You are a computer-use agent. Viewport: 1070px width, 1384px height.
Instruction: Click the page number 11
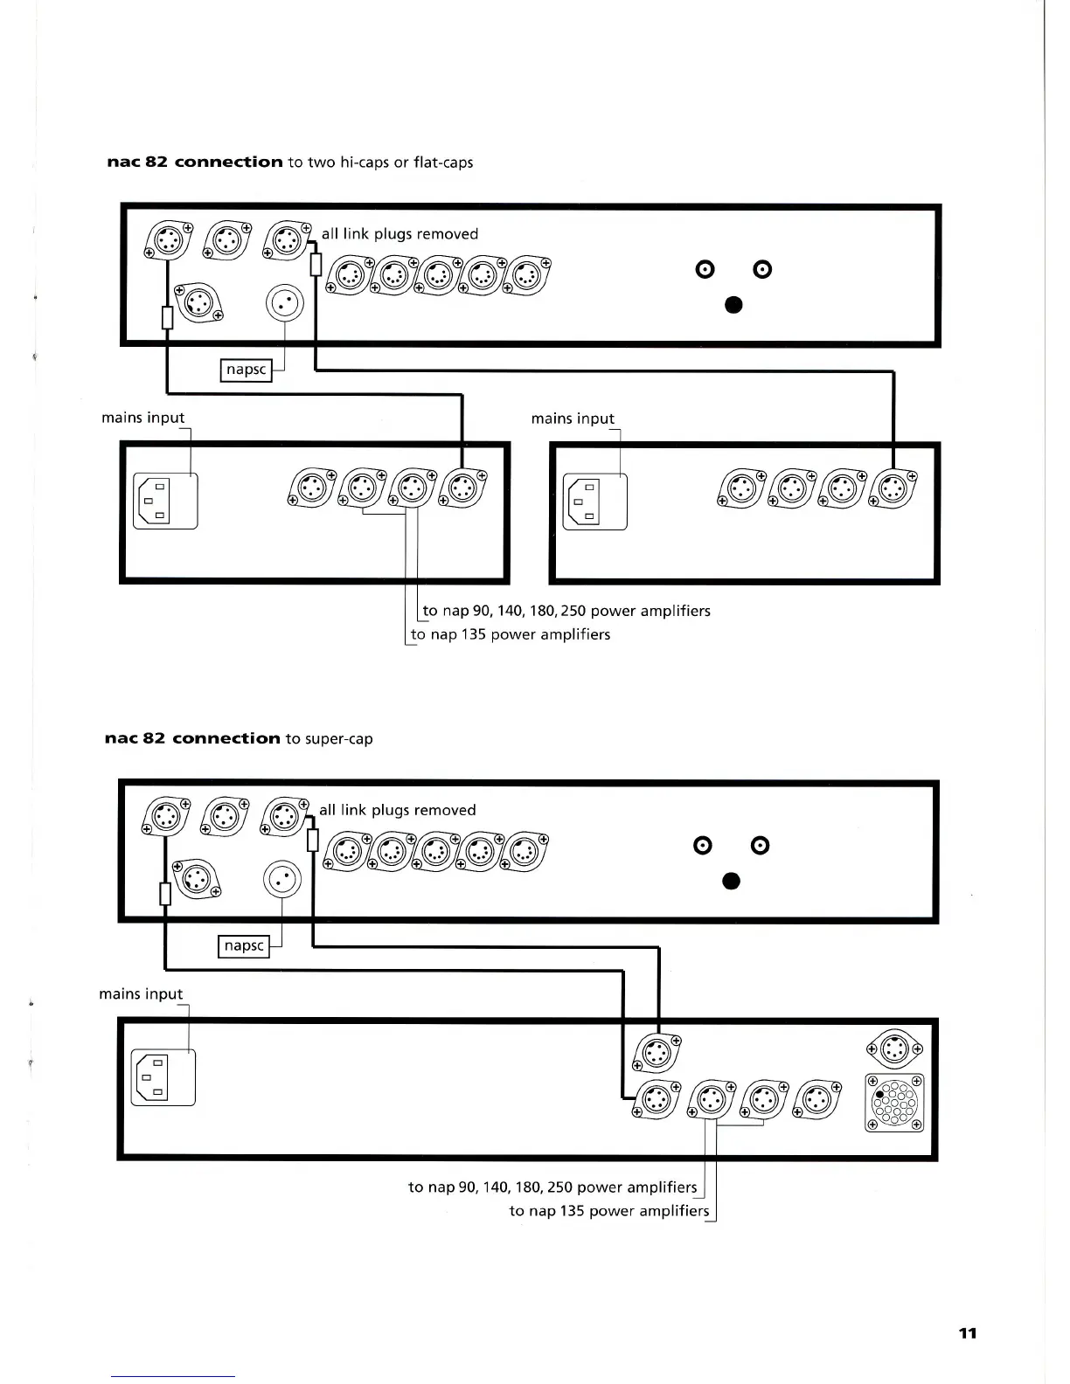967,1332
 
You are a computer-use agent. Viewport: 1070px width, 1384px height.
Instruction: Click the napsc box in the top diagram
246,370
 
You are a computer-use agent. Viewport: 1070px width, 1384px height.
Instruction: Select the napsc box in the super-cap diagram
244,945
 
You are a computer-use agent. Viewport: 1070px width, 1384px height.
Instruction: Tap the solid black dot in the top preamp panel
733,304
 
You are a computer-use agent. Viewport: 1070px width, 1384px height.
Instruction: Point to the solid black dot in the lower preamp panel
732,880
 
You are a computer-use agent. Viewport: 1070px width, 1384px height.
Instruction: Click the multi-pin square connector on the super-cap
893,1102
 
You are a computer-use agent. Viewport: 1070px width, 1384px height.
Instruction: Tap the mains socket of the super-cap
163,1077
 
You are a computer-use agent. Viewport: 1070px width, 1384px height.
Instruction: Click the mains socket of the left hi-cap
165,501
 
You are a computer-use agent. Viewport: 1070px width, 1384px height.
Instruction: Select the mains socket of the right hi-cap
594,502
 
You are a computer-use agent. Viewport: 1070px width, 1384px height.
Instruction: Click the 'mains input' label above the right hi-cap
573,419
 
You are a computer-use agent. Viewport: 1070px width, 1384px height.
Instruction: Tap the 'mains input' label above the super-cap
141,994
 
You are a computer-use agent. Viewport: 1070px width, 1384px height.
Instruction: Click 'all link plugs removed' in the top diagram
400,234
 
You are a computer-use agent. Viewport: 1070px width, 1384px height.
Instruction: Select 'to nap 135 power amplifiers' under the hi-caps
511,634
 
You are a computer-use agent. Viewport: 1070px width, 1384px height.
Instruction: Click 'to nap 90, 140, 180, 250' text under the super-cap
552,1187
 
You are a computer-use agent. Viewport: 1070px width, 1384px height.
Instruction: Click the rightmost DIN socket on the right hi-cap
893,489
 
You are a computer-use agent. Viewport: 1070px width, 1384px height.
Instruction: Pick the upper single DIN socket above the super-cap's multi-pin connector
893,1048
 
